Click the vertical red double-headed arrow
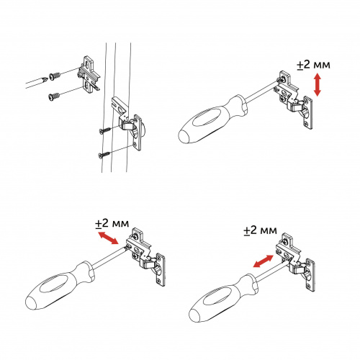click(318, 85)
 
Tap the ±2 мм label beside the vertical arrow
click(313, 65)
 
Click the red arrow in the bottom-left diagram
click(109, 238)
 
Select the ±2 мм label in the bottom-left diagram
click(112, 223)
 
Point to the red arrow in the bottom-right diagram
click(264, 261)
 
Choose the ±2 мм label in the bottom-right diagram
click(260, 230)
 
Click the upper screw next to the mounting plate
click(55, 76)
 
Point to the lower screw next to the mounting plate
click(54, 96)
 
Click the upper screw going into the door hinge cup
click(104, 130)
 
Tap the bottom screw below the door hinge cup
click(104, 155)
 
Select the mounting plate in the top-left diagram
click(89, 73)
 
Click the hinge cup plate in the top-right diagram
click(308, 112)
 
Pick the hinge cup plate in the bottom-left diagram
click(161, 269)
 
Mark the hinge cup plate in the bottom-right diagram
click(310, 276)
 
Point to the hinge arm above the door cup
click(120, 107)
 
